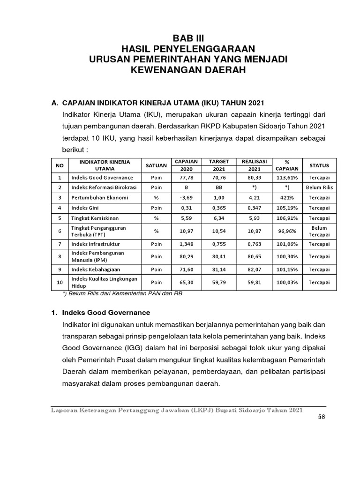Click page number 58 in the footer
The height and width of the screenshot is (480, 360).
pyautogui.click(x=321, y=418)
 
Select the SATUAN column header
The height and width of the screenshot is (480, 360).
pyautogui.click(x=156, y=165)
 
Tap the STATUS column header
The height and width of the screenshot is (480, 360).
pyautogui.click(x=319, y=165)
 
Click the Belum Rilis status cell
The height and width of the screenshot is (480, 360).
pyautogui.click(x=319, y=187)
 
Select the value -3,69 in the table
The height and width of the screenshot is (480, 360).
pyautogui.click(x=186, y=197)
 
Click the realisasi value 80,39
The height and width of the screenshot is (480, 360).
pyautogui.click(x=254, y=178)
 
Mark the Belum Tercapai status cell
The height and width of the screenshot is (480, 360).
pyautogui.click(x=319, y=231)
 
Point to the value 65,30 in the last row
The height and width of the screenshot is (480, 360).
pyautogui.click(x=186, y=283)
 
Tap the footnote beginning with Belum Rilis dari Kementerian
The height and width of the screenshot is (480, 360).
pyautogui.click(x=122, y=294)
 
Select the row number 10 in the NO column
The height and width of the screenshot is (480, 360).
pyautogui.click(x=60, y=283)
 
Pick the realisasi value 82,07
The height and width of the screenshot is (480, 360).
pyautogui.click(x=254, y=270)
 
